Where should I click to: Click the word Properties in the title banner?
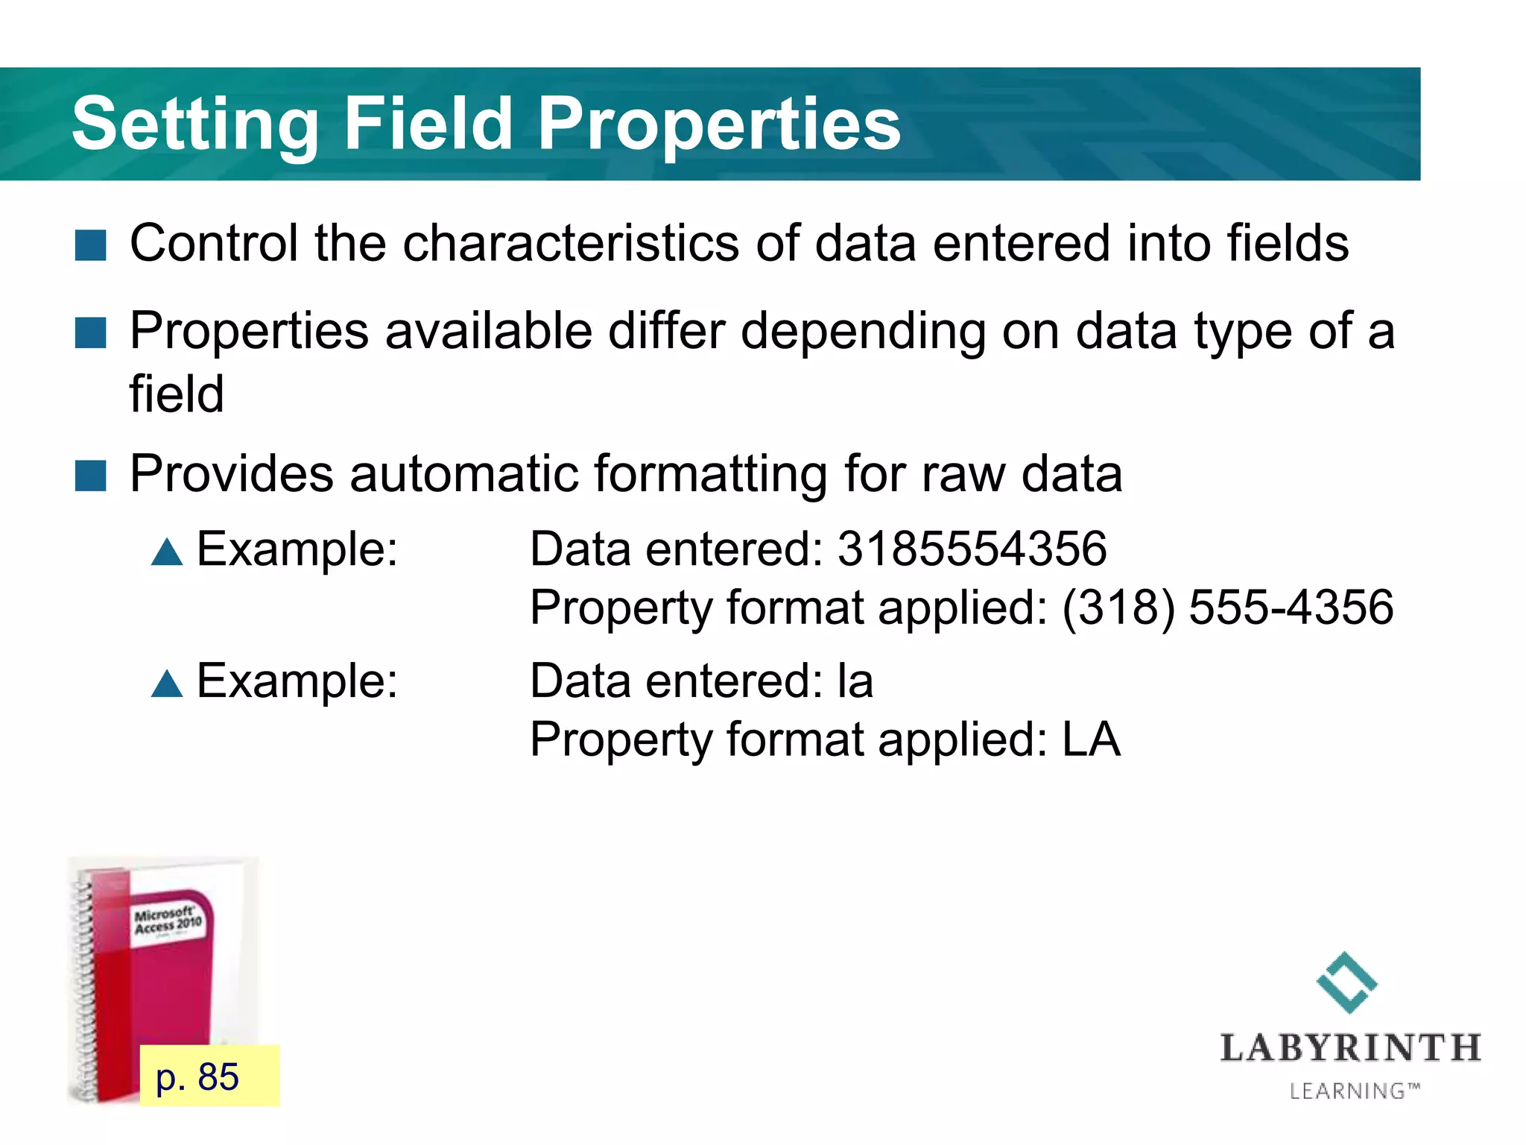(719, 124)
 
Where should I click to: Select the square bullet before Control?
(91, 245)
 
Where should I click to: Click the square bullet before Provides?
(91, 476)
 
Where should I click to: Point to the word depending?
(863, 331)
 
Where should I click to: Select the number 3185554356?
(972, 549)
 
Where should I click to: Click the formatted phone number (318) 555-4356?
(1227, 608)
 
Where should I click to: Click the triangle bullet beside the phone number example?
(167, 552)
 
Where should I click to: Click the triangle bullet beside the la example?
(167, 684)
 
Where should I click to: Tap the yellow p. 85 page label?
(209, 1076)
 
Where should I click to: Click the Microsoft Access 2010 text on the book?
(168, 920)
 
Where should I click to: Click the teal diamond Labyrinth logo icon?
(1347, 982)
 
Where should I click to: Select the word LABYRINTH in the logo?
(1350, 1048)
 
